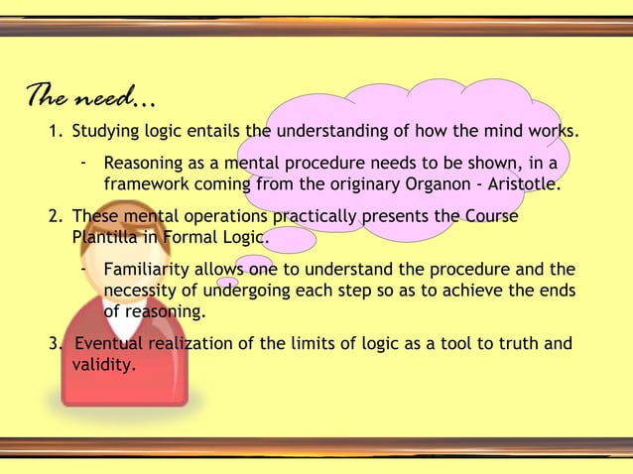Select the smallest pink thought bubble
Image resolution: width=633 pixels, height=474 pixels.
[227, 284]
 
